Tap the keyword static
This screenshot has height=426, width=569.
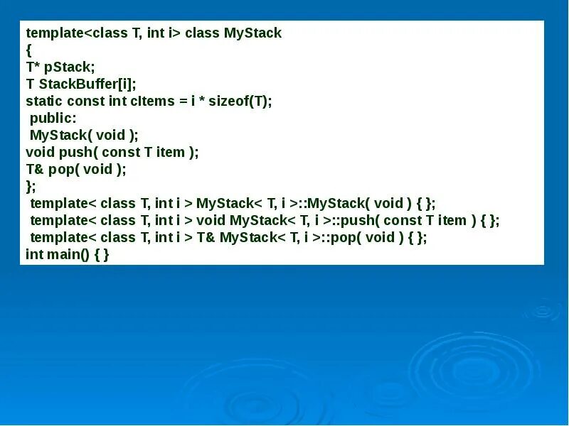[44, 101]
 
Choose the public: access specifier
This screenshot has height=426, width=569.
[53, 118]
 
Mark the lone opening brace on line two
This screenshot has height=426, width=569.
[28, 50]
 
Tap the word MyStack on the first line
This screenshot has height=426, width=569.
[252, 33]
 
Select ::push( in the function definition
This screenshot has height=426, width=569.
[352, 220]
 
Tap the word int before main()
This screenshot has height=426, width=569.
[35, 254]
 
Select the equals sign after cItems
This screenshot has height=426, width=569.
[182, 101]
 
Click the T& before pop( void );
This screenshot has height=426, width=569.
[35, 169]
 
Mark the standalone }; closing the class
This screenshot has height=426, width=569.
[30, 186]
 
